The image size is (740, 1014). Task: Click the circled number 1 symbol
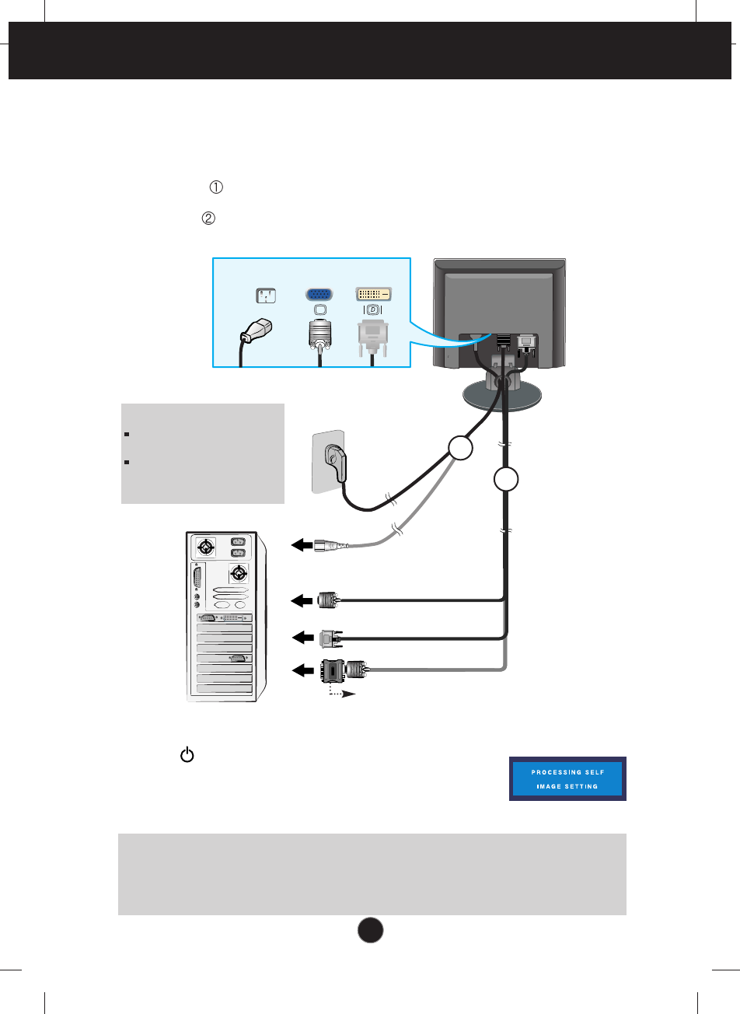pos(216,187)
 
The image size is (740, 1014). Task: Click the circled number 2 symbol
pos(208,219)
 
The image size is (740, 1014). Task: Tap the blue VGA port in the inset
pos(316,295)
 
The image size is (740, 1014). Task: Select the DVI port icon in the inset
pos(373,294)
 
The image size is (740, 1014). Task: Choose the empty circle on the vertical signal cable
pos(505,480)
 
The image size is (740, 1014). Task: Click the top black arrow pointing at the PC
pos(301,546)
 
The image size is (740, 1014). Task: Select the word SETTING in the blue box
pos(581,786)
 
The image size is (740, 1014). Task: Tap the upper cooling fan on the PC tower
pos(205,547)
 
